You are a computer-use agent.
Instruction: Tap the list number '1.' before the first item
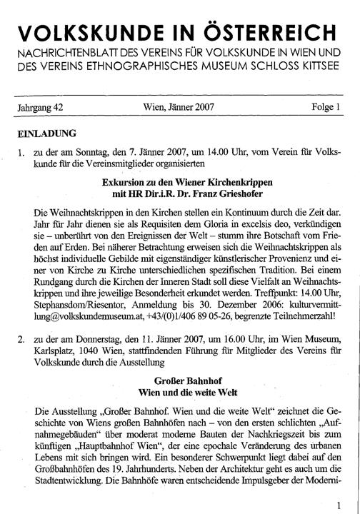tap(23, 153)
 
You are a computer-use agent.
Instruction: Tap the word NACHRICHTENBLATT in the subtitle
tap(79, 54)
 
